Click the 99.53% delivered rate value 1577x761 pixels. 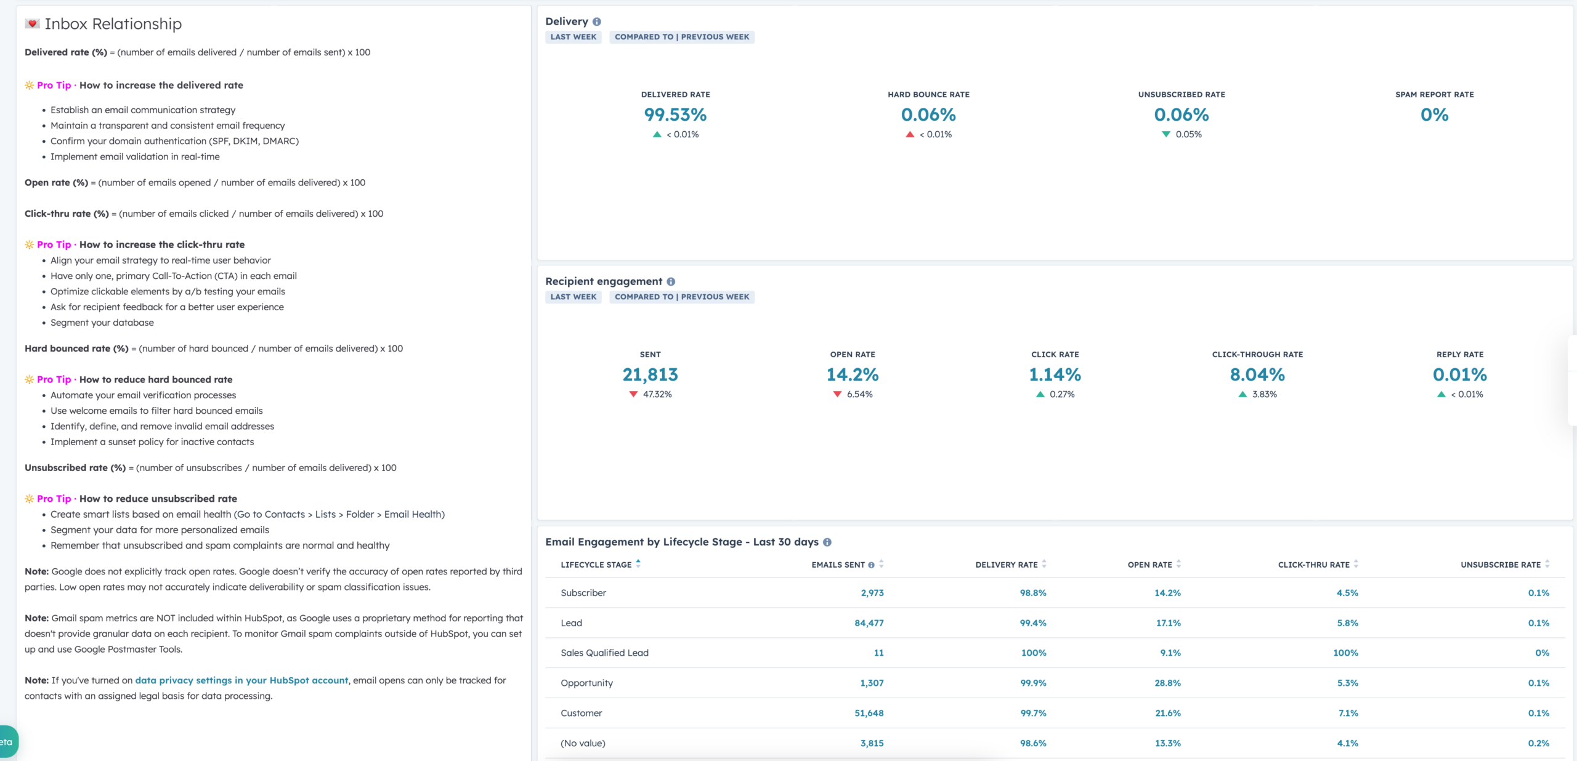coord(675,115)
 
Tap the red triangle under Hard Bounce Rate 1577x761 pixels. coord(910,134)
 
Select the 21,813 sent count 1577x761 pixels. coord(650,374)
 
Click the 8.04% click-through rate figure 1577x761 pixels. coord(1257,374)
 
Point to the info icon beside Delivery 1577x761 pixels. coord(597,22)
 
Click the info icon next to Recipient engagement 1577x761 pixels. coord(671,281)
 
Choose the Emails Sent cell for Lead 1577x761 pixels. coord(869,623)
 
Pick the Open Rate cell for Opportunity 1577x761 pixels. coord(1167,683)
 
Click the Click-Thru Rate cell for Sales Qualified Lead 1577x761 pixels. coord(1345,653)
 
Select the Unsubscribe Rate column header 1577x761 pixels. coord(1501,565)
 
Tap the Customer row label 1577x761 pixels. coord(581,713)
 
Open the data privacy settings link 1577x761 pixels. coord(241,680)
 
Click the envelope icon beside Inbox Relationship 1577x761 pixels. coord(32,23)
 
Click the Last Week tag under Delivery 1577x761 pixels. coord(574,37)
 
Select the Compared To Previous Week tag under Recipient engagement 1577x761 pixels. coord(682,297)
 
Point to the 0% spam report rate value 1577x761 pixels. coord(1434,115)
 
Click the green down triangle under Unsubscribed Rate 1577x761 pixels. coord(1166,134)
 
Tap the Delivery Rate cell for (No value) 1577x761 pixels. coord(1033,743)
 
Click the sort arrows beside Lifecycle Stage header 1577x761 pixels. coord(638,563)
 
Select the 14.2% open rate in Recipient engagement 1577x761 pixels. coord(853,374)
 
